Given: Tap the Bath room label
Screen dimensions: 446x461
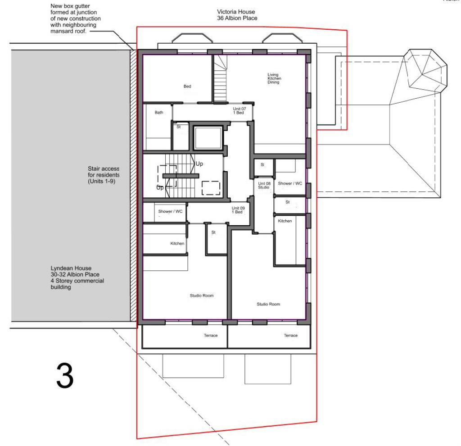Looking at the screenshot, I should pyautogui.click(x=159, y=113).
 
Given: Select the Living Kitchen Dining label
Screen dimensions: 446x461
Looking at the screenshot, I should pyautogui.click(x=274, y=79).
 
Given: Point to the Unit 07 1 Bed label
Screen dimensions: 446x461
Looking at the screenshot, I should pyautogui.click(x=239, y=111).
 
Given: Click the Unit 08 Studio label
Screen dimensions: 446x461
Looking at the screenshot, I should pyautogui.click(x=264, y=185).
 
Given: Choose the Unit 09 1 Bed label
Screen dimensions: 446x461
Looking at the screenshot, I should pyautogui.click(x=237, y=210).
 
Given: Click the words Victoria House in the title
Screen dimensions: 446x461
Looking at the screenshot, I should pyautogui.click(x=236, y=12).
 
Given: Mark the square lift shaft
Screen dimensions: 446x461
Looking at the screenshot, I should pyautogui.click(x=207, y=138).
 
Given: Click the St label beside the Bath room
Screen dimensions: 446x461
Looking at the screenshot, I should pyautogui.click(x=178, y=127).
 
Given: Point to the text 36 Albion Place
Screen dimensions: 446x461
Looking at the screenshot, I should pyautogui.click(x=237, y=18).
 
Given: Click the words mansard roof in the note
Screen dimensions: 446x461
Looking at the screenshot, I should pyautogui.click(x=68, y=32).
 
